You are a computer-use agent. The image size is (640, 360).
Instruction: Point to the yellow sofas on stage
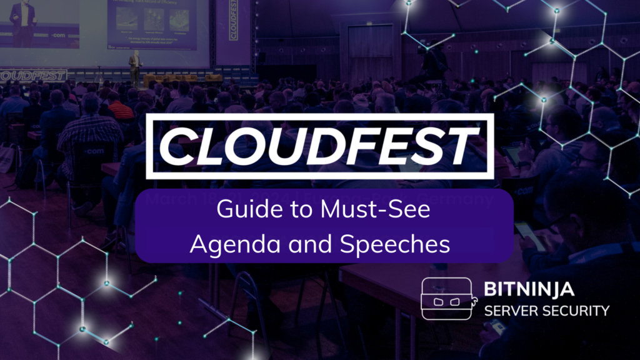181,79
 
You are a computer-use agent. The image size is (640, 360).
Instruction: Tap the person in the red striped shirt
119,107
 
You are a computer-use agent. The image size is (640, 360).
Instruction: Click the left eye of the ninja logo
437,302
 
